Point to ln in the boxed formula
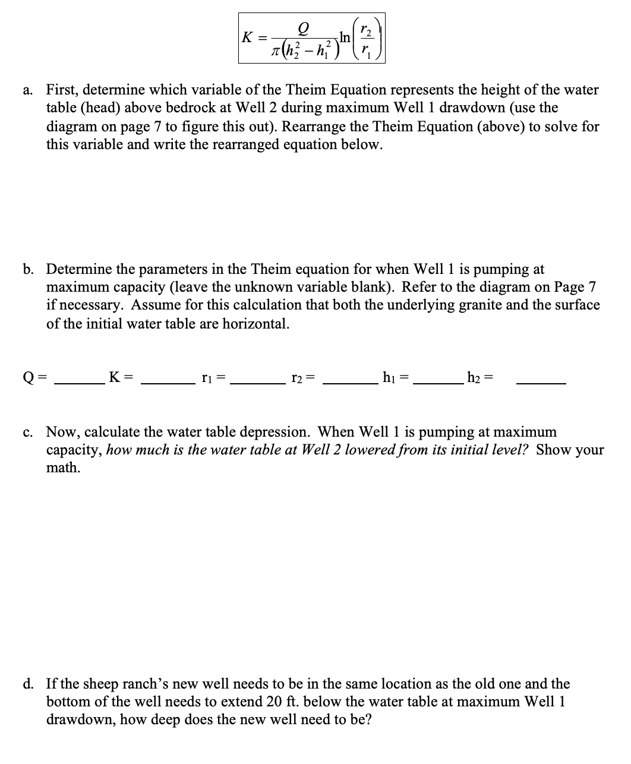coord(345,37)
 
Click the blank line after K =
coord(167,383)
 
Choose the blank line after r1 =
coord(257,383)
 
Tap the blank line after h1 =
coord(437,383)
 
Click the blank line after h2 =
coord(541,383)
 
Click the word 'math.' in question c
coord(63,468)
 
